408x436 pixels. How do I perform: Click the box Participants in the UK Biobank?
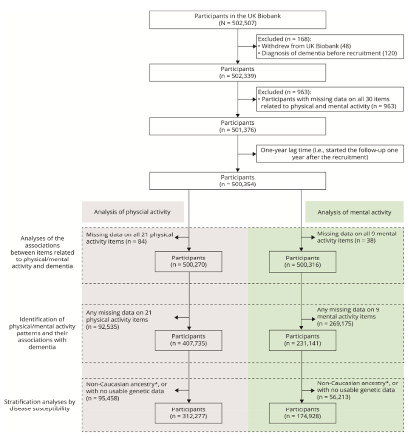pyautogui.click(x=238, y=19)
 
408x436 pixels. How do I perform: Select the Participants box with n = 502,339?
pyautogui.click(x=238, y=73)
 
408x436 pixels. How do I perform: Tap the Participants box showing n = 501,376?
pyautogui.click(x=238, y=126)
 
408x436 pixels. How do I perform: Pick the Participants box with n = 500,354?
pyautogui.click(x=238, y=181)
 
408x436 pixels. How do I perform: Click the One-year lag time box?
pyautogui.click(x=330, y=153)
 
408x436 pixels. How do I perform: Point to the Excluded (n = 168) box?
pyautogui.click(x=330, y=46)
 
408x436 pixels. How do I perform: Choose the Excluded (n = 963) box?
pyautogui.click(x=330, y=99)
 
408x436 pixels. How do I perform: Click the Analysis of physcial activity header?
pyautogui.click(x=132, y=212)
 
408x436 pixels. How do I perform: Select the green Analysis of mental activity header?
pyautogui.click(x=354, y=212)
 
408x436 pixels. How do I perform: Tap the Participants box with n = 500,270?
pyautogui.click(x=188, y=261)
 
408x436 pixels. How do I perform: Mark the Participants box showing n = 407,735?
pyautogui.click(x=188, y=340)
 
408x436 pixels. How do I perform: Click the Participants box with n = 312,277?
pyautogui.click(x=188, y=413)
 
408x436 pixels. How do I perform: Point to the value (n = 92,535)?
pyautogui.click(x=102, y=327)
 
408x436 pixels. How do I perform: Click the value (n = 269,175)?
pyautogui.click(x=335, y=323)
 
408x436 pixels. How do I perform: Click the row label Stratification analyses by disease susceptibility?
pyautogui.click(x=40, y=405)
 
